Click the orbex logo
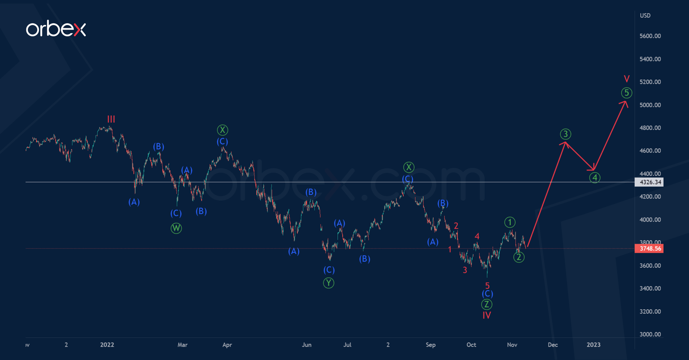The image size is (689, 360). pos(56,30)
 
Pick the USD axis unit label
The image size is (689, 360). pos(645,16)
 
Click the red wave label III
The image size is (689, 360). pos(111,119)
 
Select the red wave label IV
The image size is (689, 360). pos(487,316)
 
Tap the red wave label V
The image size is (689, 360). pos(627,79)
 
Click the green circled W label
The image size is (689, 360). pos(176,228)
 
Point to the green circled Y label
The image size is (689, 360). pos(328,283)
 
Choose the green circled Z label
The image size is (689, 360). pos(487,304)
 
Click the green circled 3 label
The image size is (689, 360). pos(566,134)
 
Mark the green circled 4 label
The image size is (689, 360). pos(594,178)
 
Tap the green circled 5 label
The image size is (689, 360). pos(627,93)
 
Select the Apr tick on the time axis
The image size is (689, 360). pos(227,345)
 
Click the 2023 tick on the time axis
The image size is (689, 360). pos(593,345)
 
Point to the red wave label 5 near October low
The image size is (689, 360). pos(487,285)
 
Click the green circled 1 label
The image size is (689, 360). pos(509,221)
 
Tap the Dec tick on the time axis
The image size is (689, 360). pos(553,345)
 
